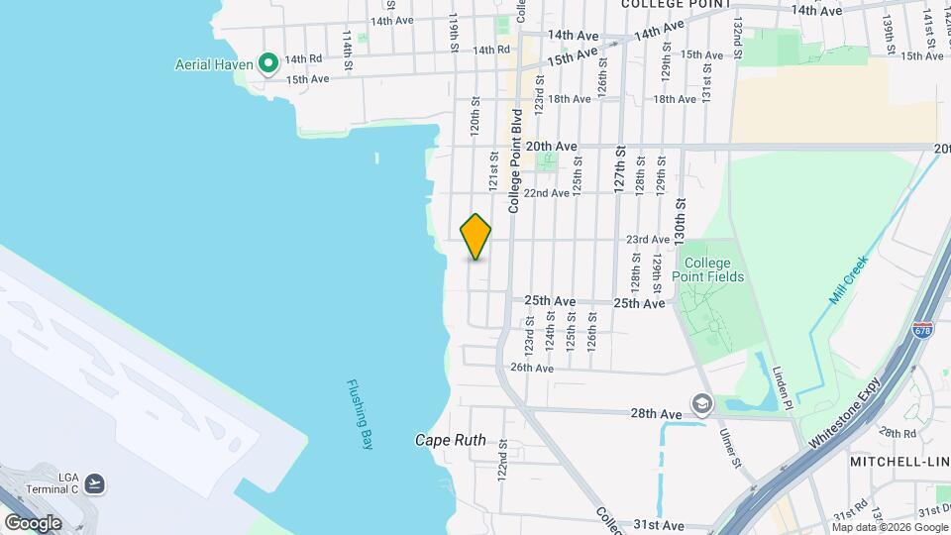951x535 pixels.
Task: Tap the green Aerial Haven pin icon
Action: coord(267,64)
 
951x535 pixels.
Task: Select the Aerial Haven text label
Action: coord(215,64)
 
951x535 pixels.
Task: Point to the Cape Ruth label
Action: coord(450,440)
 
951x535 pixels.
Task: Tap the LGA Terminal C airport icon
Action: coord(95,483)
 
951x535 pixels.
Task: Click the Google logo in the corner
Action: coord(33,522)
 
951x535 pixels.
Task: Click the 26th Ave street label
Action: coord(531,368)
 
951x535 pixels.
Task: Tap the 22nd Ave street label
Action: coord(547,193)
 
